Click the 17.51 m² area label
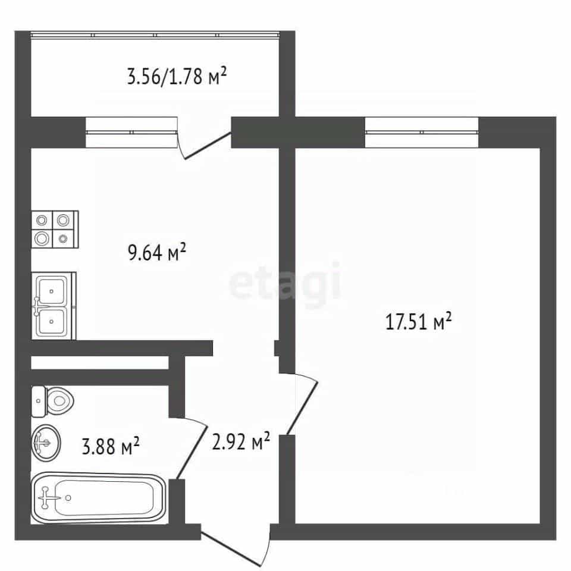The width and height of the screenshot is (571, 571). [418, 321]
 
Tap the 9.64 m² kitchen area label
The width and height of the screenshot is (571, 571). [157, 252]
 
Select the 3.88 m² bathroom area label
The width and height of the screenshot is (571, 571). [111, 445]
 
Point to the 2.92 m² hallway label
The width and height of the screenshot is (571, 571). [241, 441]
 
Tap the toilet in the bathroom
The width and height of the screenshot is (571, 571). [53, 401]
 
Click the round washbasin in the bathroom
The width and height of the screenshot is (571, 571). [46, 443]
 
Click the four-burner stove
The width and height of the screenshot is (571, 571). [55, 230]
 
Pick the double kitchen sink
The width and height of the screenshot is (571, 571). [54, 306]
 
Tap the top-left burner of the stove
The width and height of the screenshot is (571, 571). [42, 220]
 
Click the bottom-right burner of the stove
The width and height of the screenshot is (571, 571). [64, 239]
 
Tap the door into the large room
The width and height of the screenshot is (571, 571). [302, 404]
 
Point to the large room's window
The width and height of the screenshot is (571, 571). [422, 132]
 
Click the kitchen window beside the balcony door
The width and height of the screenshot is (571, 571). [131, 132]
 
